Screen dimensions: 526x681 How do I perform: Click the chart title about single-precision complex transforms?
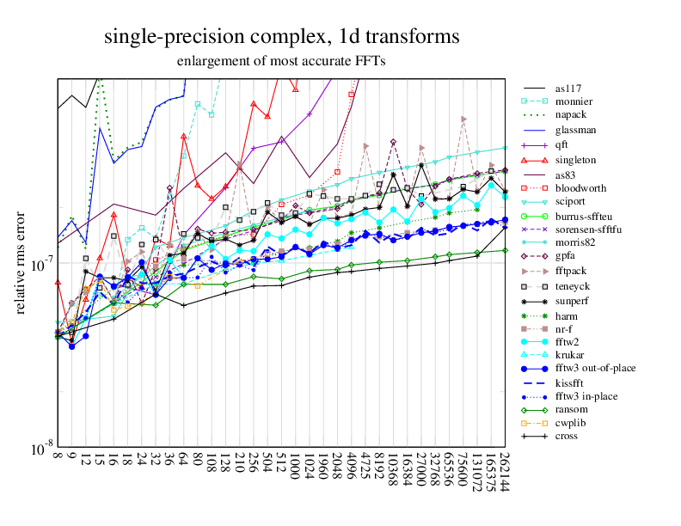click(281, 37)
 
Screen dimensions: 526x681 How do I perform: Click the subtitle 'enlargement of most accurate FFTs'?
click(281, 61)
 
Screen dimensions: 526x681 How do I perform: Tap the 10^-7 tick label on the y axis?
click(38, 263)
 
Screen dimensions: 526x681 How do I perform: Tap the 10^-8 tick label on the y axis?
click(38, 449)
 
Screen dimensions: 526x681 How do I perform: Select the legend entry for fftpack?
click(570, 270)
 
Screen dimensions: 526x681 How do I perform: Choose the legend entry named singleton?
click(575, 160)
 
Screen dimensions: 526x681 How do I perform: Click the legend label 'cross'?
click(567, 436)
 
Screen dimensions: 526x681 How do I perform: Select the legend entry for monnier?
click(573, 101)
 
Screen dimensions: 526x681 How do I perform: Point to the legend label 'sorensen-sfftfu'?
click(589, 229)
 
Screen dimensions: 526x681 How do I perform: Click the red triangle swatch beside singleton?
click(535, 160)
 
